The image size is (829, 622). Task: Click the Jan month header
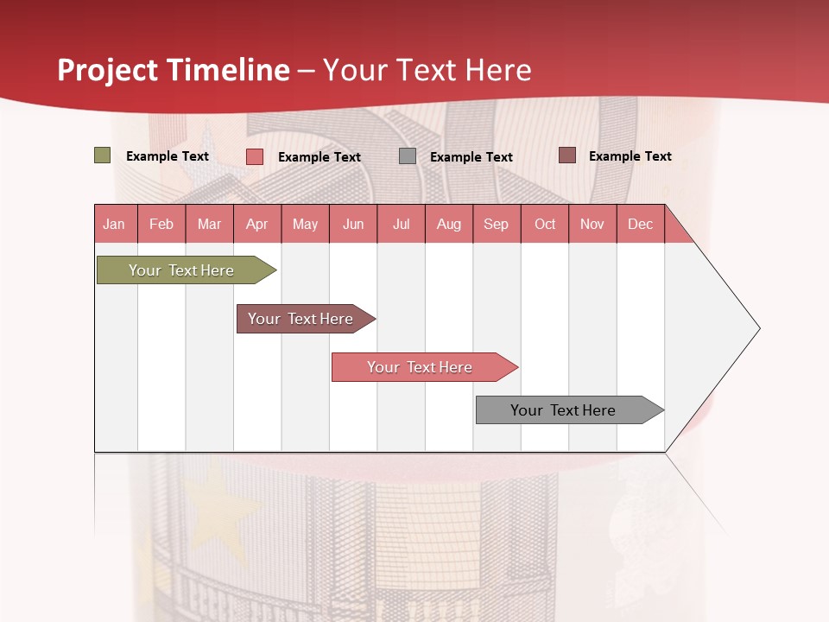pyautogui.click(x=115, y=224)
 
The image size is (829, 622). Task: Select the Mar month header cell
pyautogui.click(x=209, y=224)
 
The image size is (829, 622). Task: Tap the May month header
pyautogui.click(x=305, y=224)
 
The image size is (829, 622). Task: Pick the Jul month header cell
pyautogui.click(x=401, y=224)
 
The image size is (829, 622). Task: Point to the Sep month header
pyautogui.click(x=496, y=224)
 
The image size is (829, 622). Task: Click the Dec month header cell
pyautogui.click(x=640, y=224)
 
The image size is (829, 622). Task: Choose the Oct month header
pyautogui.click(x=545, y=224)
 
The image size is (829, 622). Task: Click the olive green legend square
pyautogui.click(x=102, y=155)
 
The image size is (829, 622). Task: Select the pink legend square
pyautogui.click(x=255, y=156)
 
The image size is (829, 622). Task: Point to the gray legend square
pyautogui.click(x=408, y=156)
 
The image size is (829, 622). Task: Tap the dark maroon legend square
pyautogui.click(x=567, y=155)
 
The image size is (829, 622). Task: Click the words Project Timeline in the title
pyautogui.click(x=173, y=70)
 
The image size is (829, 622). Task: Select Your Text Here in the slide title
pyautogui.click(x=427, y=70)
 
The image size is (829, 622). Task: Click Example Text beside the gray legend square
pyautogui.click(x=471, y=157)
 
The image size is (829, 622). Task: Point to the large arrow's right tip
pyautogui.click(x=757, y=328)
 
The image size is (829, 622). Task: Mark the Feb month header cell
pyautogui.click(x=161, y=224)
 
